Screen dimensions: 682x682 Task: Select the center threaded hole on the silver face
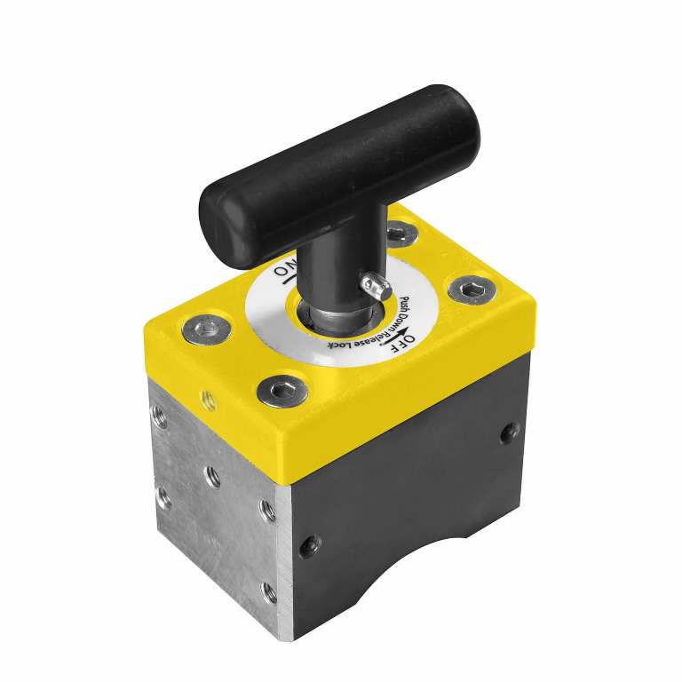point(213,476)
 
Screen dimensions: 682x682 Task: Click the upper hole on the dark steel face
point(509,432)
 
